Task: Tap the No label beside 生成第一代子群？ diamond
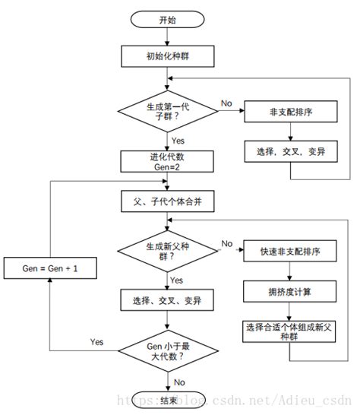pos(226,103)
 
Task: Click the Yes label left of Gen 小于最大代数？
pos(96,341)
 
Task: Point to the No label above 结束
pos(180,382)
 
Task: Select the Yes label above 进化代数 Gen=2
pos(178,141)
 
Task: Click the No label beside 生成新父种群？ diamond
pos(226,242)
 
